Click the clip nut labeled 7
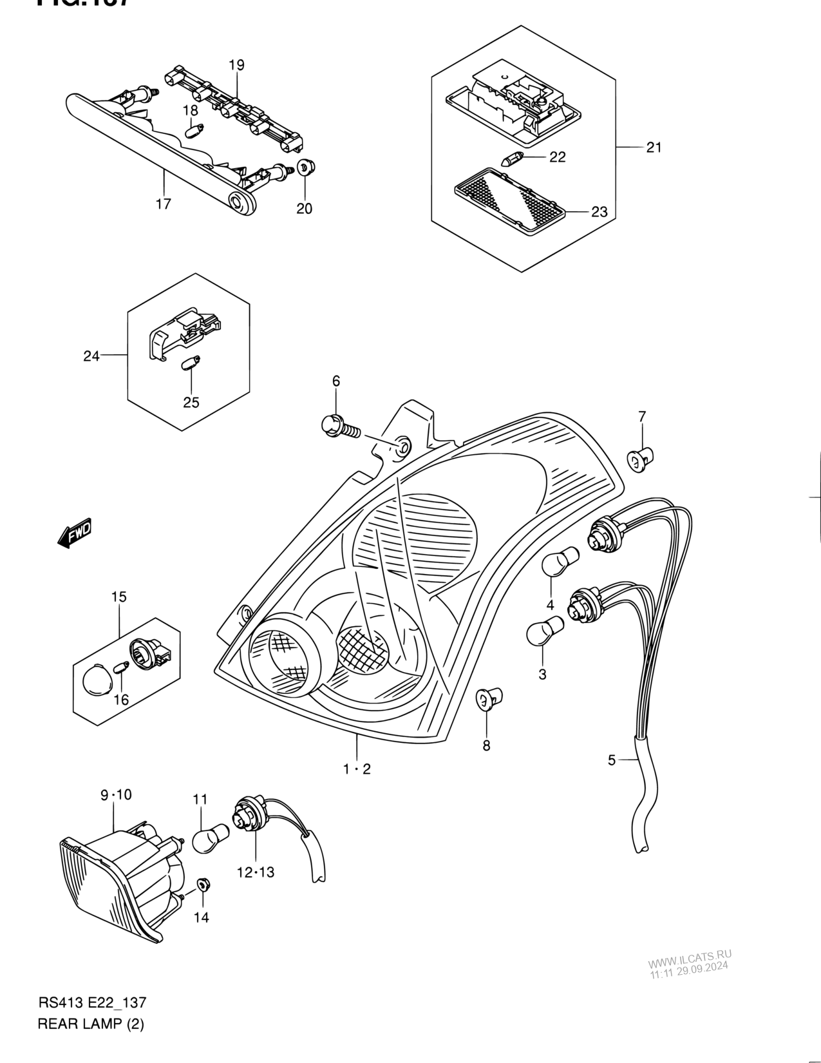coord(641,459)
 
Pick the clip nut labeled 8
coord(489,698)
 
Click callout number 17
coord(164,204)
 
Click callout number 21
coord(654,148)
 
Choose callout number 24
coord(91,355)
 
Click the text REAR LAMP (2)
coord(91,1024)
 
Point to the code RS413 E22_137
coord(93,1003)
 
